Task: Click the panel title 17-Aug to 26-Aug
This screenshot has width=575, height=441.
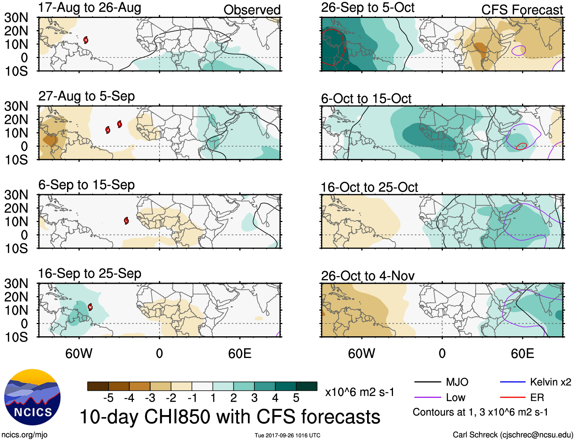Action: [x=89, y=8]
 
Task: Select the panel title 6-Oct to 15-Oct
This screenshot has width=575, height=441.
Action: [x=366, y=99]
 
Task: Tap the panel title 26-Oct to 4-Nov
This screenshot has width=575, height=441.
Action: [x=367, y=276]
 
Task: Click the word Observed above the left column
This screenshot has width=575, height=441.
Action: [x=252, y=10]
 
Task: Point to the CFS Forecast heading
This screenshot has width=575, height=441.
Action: [x=522, y=10]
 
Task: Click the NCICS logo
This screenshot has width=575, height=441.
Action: [x=32, y=397]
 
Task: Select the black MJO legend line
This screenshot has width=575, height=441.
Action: [x=427, y=382]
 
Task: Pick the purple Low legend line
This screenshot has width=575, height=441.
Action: [x=427, y=398]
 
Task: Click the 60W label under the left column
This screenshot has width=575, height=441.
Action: [x=79, y=353]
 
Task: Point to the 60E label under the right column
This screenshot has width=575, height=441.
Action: [x=522, y=353]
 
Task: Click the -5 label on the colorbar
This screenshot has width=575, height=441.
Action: [x=108, y=398]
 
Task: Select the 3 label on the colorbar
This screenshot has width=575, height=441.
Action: [x=254, y=398]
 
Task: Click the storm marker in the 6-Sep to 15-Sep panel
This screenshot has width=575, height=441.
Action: [x=126, y=220]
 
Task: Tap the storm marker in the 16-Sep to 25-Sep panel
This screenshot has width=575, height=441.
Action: [x=90, y=307]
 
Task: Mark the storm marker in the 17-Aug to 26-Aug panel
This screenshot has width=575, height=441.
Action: [x=86, y=40]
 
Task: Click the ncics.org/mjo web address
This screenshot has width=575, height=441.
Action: [x=24, y=435]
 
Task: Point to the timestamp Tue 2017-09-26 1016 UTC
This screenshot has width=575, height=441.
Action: [x=287, y=435]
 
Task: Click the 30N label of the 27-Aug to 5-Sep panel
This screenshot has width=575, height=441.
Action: [x=16, y=106]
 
